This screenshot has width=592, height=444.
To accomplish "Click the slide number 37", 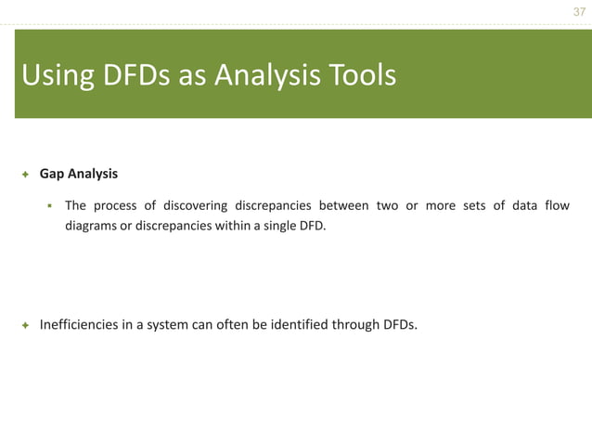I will [579, 12].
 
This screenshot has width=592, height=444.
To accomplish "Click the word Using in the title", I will [54, 75].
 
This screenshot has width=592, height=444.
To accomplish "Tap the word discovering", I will [195, 205].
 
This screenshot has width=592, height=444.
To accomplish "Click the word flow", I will [556, 205].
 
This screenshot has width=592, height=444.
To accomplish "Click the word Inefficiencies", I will [79, 325].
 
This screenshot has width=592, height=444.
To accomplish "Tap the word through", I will [357, 325].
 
